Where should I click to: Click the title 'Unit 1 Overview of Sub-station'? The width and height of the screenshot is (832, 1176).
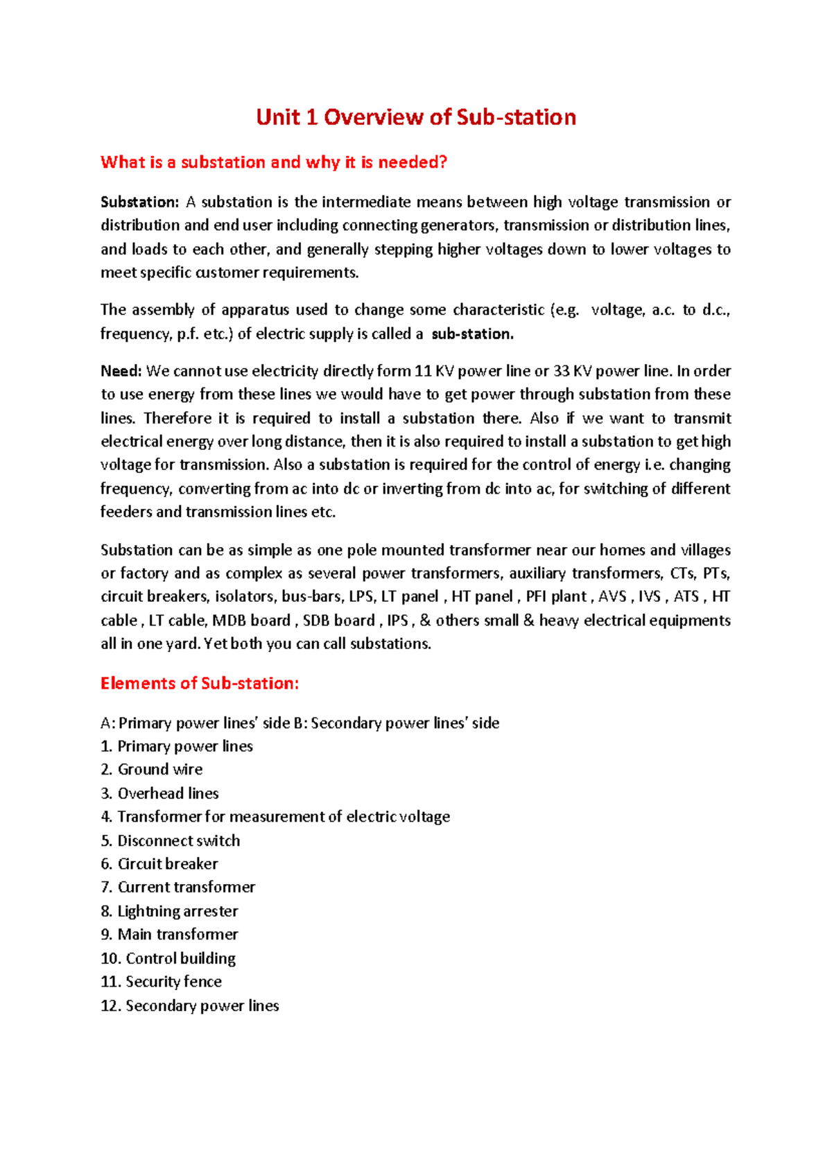(x=416, y=117)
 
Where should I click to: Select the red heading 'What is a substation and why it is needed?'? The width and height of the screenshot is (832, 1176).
(x=274, y=162)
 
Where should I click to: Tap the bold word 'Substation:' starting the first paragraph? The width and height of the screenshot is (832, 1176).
(x=139, y=202)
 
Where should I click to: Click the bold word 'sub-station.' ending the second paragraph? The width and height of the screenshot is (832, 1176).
(x=472, y=334)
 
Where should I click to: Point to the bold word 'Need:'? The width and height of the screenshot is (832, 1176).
(x=121, y=372)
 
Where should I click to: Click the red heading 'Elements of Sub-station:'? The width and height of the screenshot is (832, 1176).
(x=200, y=684)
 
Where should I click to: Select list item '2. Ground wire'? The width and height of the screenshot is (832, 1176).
(x=151, y=770)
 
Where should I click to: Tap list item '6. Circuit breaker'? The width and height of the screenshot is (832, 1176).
(x=159, y=864)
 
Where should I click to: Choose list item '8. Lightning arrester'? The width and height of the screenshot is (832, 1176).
(x=169, y=911)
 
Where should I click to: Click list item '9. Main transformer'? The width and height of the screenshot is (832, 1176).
(x=169, y=935)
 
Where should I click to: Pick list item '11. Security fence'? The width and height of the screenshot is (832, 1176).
(x=161, y=982)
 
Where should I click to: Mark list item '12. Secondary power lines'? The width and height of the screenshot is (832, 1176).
(x=189, y=1006)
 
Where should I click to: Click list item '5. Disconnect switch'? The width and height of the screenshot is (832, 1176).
(x=171, y=841)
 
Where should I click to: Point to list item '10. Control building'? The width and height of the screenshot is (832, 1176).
(x=168, y=958)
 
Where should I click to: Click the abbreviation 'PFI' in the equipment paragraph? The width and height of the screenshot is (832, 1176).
(x=536, y=597)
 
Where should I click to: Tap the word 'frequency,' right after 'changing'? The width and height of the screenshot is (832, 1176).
(x=136, y=489)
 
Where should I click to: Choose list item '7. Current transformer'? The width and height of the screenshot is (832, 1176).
(x=178, y=888)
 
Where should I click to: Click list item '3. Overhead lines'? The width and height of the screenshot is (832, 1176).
(x=159, y=793)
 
